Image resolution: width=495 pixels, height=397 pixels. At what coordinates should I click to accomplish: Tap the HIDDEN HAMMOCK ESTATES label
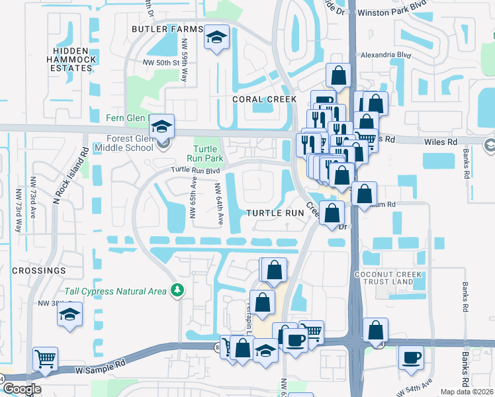[x=71, y=60]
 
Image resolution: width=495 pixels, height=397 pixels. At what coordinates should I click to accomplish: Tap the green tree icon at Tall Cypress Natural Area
[x=177, y=290]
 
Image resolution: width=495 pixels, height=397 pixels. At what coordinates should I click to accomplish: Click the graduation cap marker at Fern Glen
[x=160, y=126]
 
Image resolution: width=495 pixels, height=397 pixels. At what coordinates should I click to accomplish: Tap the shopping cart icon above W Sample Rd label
[x=46, y=359]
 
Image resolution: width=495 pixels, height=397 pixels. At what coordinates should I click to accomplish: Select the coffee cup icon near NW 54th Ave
[x=411, y=357]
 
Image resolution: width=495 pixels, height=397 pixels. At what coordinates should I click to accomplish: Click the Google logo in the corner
[x=22, y=389]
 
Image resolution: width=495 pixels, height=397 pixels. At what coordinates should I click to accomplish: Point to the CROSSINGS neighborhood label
[x=39, y=271]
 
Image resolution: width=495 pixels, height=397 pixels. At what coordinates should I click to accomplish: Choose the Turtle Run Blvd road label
[x=194, y=170]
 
